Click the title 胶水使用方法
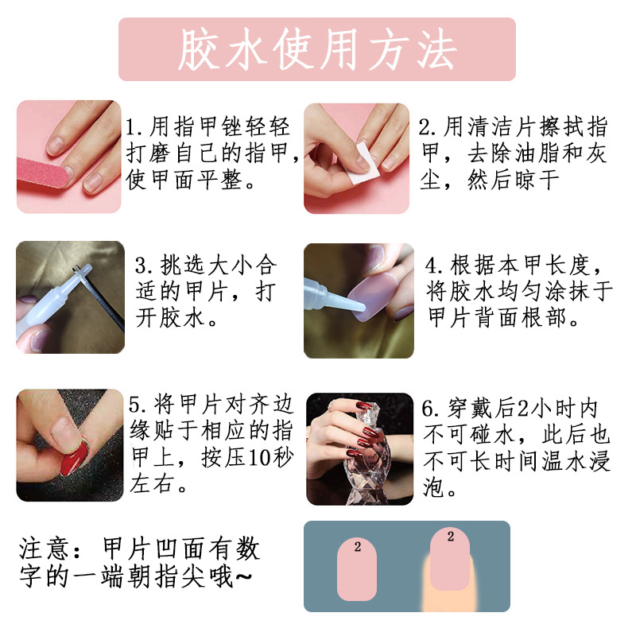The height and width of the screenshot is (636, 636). [316, 49]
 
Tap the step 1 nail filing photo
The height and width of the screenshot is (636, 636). [68, 157]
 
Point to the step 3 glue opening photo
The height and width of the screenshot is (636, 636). [70, 297]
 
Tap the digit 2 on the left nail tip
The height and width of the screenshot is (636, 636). [358, 547]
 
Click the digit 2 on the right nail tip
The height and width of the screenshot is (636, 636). [450, 537]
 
